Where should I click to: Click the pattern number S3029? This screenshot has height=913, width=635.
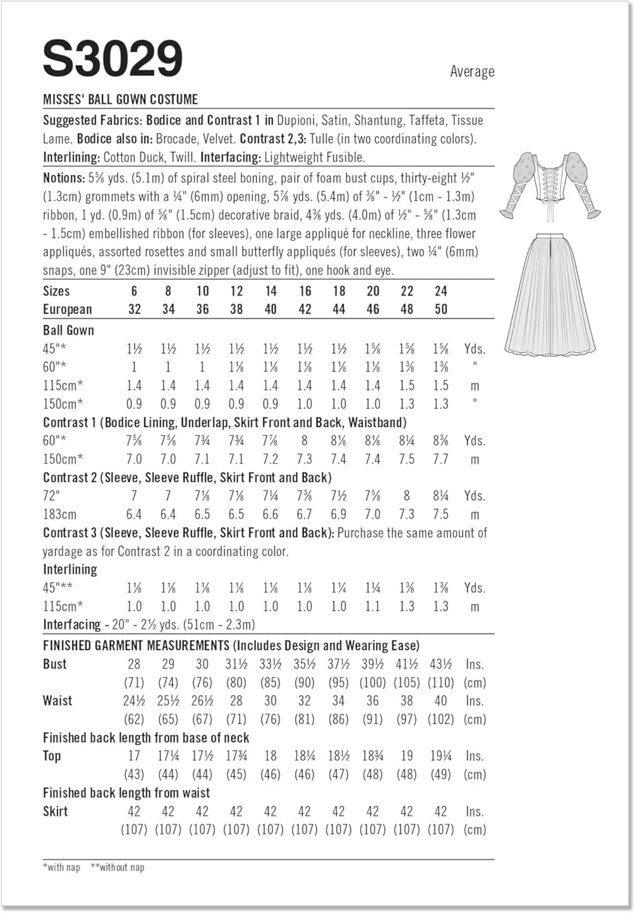[x=113, y=59]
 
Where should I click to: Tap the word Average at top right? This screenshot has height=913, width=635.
[x=472, y=72]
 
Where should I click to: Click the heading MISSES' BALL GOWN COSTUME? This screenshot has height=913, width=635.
[x=120, y=99]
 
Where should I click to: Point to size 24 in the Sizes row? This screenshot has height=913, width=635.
[x=440, y=291]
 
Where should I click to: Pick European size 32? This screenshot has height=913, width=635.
[x=134, y=309]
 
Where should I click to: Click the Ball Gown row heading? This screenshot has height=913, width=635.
[x=68, y=331]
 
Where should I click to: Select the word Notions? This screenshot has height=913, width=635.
[x=63, y=178]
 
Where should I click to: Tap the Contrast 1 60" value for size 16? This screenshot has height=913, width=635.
[x=304, y=441]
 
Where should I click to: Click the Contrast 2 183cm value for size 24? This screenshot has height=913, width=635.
[x=440, y=514]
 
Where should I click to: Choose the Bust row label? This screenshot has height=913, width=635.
[x=55, y=664]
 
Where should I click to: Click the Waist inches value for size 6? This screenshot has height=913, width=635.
[x=134, y=701]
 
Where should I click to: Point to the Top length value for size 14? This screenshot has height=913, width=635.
[x=270, y=756]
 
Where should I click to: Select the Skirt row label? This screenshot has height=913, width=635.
[x=55, y=811]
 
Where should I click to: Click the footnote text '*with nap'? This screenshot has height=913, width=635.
[x=61, y=867]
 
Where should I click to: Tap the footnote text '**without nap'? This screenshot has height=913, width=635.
[x=117, y=867]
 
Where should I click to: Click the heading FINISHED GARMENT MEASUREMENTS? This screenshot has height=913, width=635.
[x=136, y=646]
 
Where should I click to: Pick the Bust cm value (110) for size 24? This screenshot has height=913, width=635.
[x=440, y=683]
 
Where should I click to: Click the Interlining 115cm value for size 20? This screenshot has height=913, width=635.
[x=372, y=606]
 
